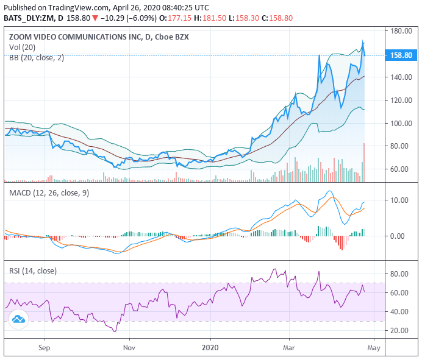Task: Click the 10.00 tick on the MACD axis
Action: pyautogui.click(x=400, y=200)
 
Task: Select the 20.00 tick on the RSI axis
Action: pyautogui.click(x=400, y=330)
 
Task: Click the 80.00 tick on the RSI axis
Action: pyautogui.click(x=400, y=274)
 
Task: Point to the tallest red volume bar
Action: pyautogui.click(x=364, y=162)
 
